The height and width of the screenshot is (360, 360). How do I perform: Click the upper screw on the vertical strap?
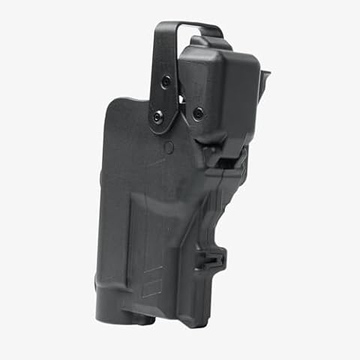[166, 80]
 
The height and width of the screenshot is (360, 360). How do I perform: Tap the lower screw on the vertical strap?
[157, 115]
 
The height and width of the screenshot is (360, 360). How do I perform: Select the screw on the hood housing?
[198, 113]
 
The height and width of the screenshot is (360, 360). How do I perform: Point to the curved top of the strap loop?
[187, 26]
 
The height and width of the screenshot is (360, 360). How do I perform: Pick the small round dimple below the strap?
[169, 148]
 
